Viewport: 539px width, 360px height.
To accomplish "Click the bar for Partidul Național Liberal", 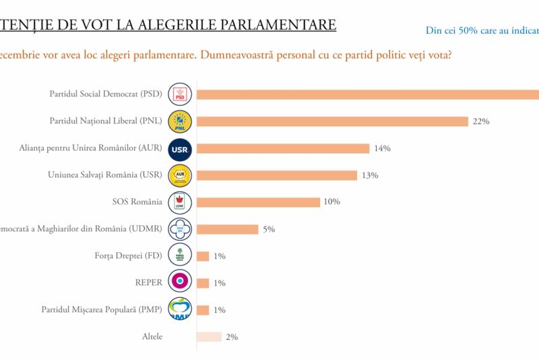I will click(x=332, y=121).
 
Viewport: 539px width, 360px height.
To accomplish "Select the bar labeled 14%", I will click(x=283, y=148).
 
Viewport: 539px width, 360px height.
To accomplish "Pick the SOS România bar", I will click(x=258, y=202).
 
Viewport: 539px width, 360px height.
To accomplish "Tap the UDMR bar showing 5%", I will click(x=227, y=229).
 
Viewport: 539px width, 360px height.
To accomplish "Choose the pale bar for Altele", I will click(x=209, y=337).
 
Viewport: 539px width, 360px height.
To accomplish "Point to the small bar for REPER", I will click(x=203, y=283).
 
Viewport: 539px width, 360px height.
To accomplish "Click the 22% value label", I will click(x=480, y=121).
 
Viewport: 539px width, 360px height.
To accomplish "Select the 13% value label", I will click(x=370, y=175).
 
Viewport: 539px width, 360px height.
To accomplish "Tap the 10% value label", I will click(x=331, y=202).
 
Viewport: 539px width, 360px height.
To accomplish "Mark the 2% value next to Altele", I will click(x=231, y=337).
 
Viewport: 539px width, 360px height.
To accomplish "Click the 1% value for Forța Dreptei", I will click(x=219, y=256).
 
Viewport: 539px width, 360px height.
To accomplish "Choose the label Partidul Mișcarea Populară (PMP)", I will click(x=102, y=309).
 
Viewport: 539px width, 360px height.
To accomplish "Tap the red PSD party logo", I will click(x=180, y=94).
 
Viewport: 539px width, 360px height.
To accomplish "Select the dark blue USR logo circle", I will click(x=180, y=148).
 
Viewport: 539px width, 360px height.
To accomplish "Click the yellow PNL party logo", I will click(x=180, y=121).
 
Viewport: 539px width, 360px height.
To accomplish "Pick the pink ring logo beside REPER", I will click(x=180, y=283).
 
